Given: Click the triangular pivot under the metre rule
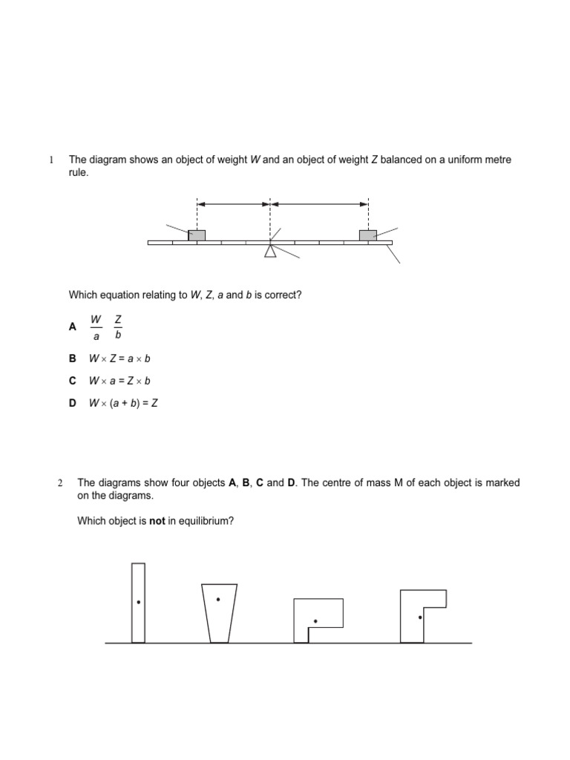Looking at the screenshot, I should pyautogui.click(x=270, y=252).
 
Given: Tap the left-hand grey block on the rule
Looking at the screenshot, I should pyautogui.click(x=197, y=235).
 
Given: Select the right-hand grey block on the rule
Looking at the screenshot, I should pyautogui.click(x=368, y=235).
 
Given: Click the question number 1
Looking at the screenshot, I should pyautogui.click(x=51, y=160).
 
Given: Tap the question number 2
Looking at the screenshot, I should pyautogui.click(x=60, y=483).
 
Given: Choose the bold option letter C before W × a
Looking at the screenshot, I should pyautogui.click(x=73, y=381).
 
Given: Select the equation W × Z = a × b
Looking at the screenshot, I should pyautogui.click(x=119, y=358).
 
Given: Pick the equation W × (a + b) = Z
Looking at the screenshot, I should pyautogui.click(x=124, y=403).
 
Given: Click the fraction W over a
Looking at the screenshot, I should pyautogui.click(x=96, y=327).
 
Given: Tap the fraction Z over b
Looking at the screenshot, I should pyautogui.click(x=118, y=327).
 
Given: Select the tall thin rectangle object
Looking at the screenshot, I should pyautogui.click(x=138, y=603).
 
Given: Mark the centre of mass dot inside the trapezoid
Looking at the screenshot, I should pyautogui.click(x=218, y=599).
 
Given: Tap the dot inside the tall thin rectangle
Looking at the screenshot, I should pyautogui.click(x=138, y=603).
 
